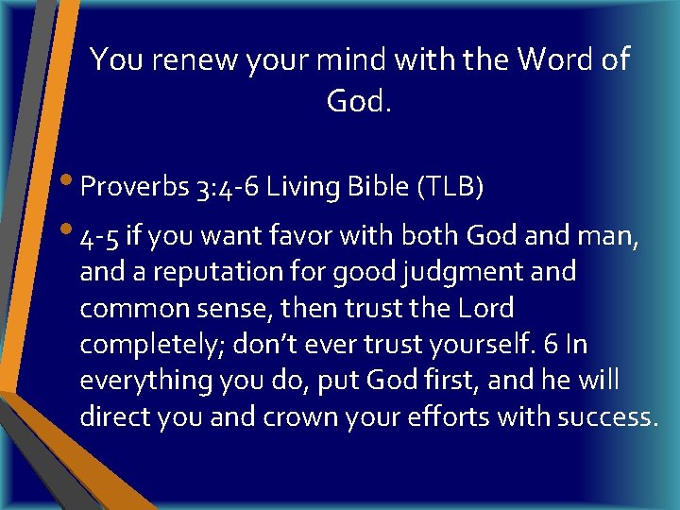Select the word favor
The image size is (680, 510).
click(308, 235)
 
